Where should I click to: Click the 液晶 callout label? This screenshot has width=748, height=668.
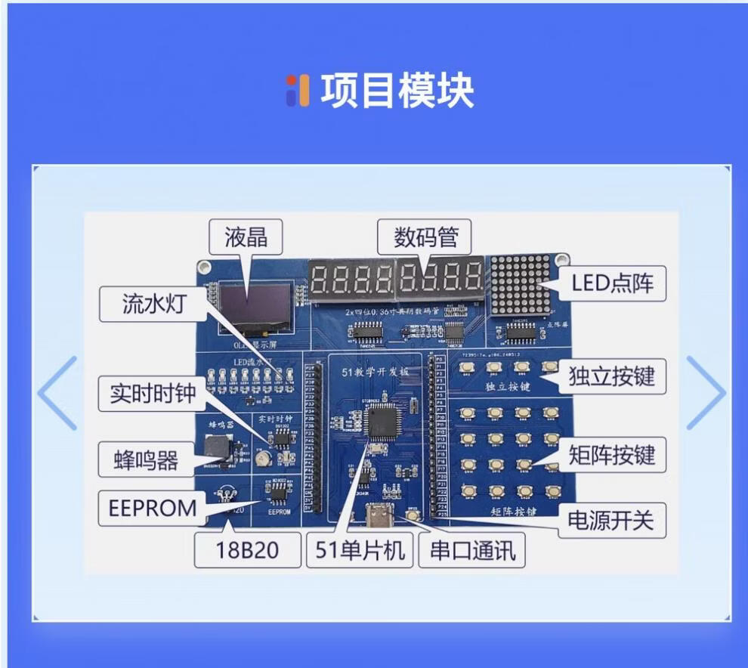pos(246,237)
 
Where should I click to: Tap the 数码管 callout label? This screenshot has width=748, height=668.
pos(425,237)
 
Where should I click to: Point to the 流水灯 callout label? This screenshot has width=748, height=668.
pos(153,304)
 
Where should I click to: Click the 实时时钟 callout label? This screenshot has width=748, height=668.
pos(153,394)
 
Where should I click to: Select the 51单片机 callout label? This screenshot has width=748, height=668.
pos(360,550)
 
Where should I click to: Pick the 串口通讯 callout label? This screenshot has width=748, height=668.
pos(473,550)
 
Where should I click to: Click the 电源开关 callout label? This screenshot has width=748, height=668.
pos(611,520)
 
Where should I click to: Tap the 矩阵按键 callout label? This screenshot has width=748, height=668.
pos(611,455)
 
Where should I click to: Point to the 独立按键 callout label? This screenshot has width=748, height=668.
pos(611,376)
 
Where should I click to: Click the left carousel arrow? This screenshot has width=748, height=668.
pos(58,393)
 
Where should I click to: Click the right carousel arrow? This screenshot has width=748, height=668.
pos(705,393)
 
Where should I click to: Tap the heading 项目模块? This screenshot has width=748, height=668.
pos(397,91)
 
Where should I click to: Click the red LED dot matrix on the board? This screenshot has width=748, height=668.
pos(521,285)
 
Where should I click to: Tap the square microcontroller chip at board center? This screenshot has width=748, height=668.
pos(379,421)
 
